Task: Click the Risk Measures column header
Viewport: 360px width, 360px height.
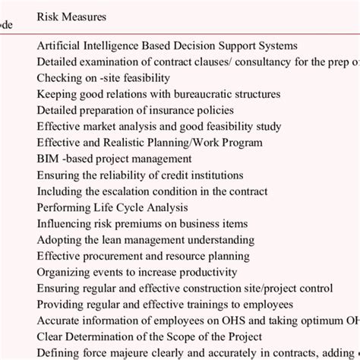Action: pos(71,16)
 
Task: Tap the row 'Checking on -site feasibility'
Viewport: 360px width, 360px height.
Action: pos(103,77)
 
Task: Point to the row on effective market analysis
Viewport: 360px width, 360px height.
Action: pos(159,127)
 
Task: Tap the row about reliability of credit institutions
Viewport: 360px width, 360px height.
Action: pos(140,175)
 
